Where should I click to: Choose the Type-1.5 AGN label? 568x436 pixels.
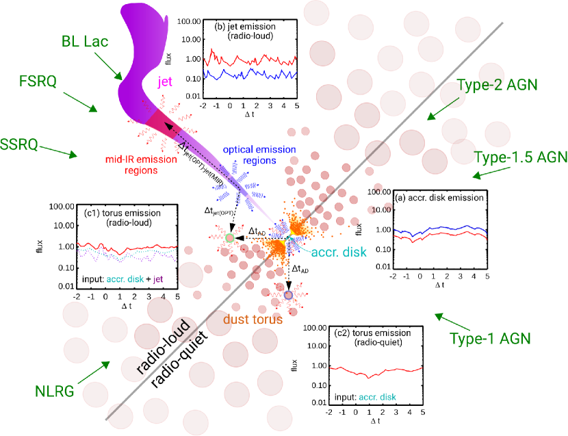[x=521, y=157]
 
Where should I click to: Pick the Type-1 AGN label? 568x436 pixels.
[x=490, y=337]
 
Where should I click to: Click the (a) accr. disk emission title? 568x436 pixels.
[x=440, y=197]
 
